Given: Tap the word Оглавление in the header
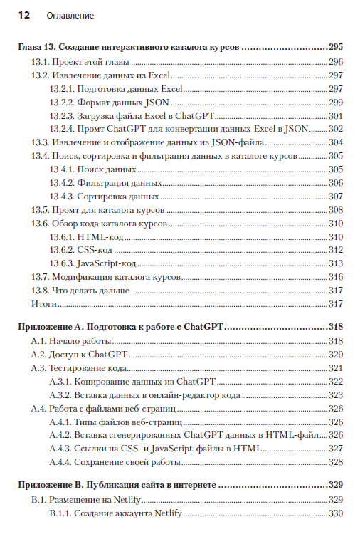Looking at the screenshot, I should click(x=69, y=15).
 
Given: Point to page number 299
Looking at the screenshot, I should click(x=336, y=103).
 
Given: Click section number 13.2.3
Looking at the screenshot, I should click(x=65, y=116).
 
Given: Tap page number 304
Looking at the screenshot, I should click(x=336, y=142).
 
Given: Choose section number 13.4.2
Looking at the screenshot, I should click(x=65, y=183).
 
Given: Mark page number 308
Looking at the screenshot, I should click(x=336, y=210).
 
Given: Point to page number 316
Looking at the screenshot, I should click(x=336, y=276).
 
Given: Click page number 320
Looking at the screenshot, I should click(x=336, y=355).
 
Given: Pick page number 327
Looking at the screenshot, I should click(x=336, y=449).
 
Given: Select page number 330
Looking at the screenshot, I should click(x=336, y=514).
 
